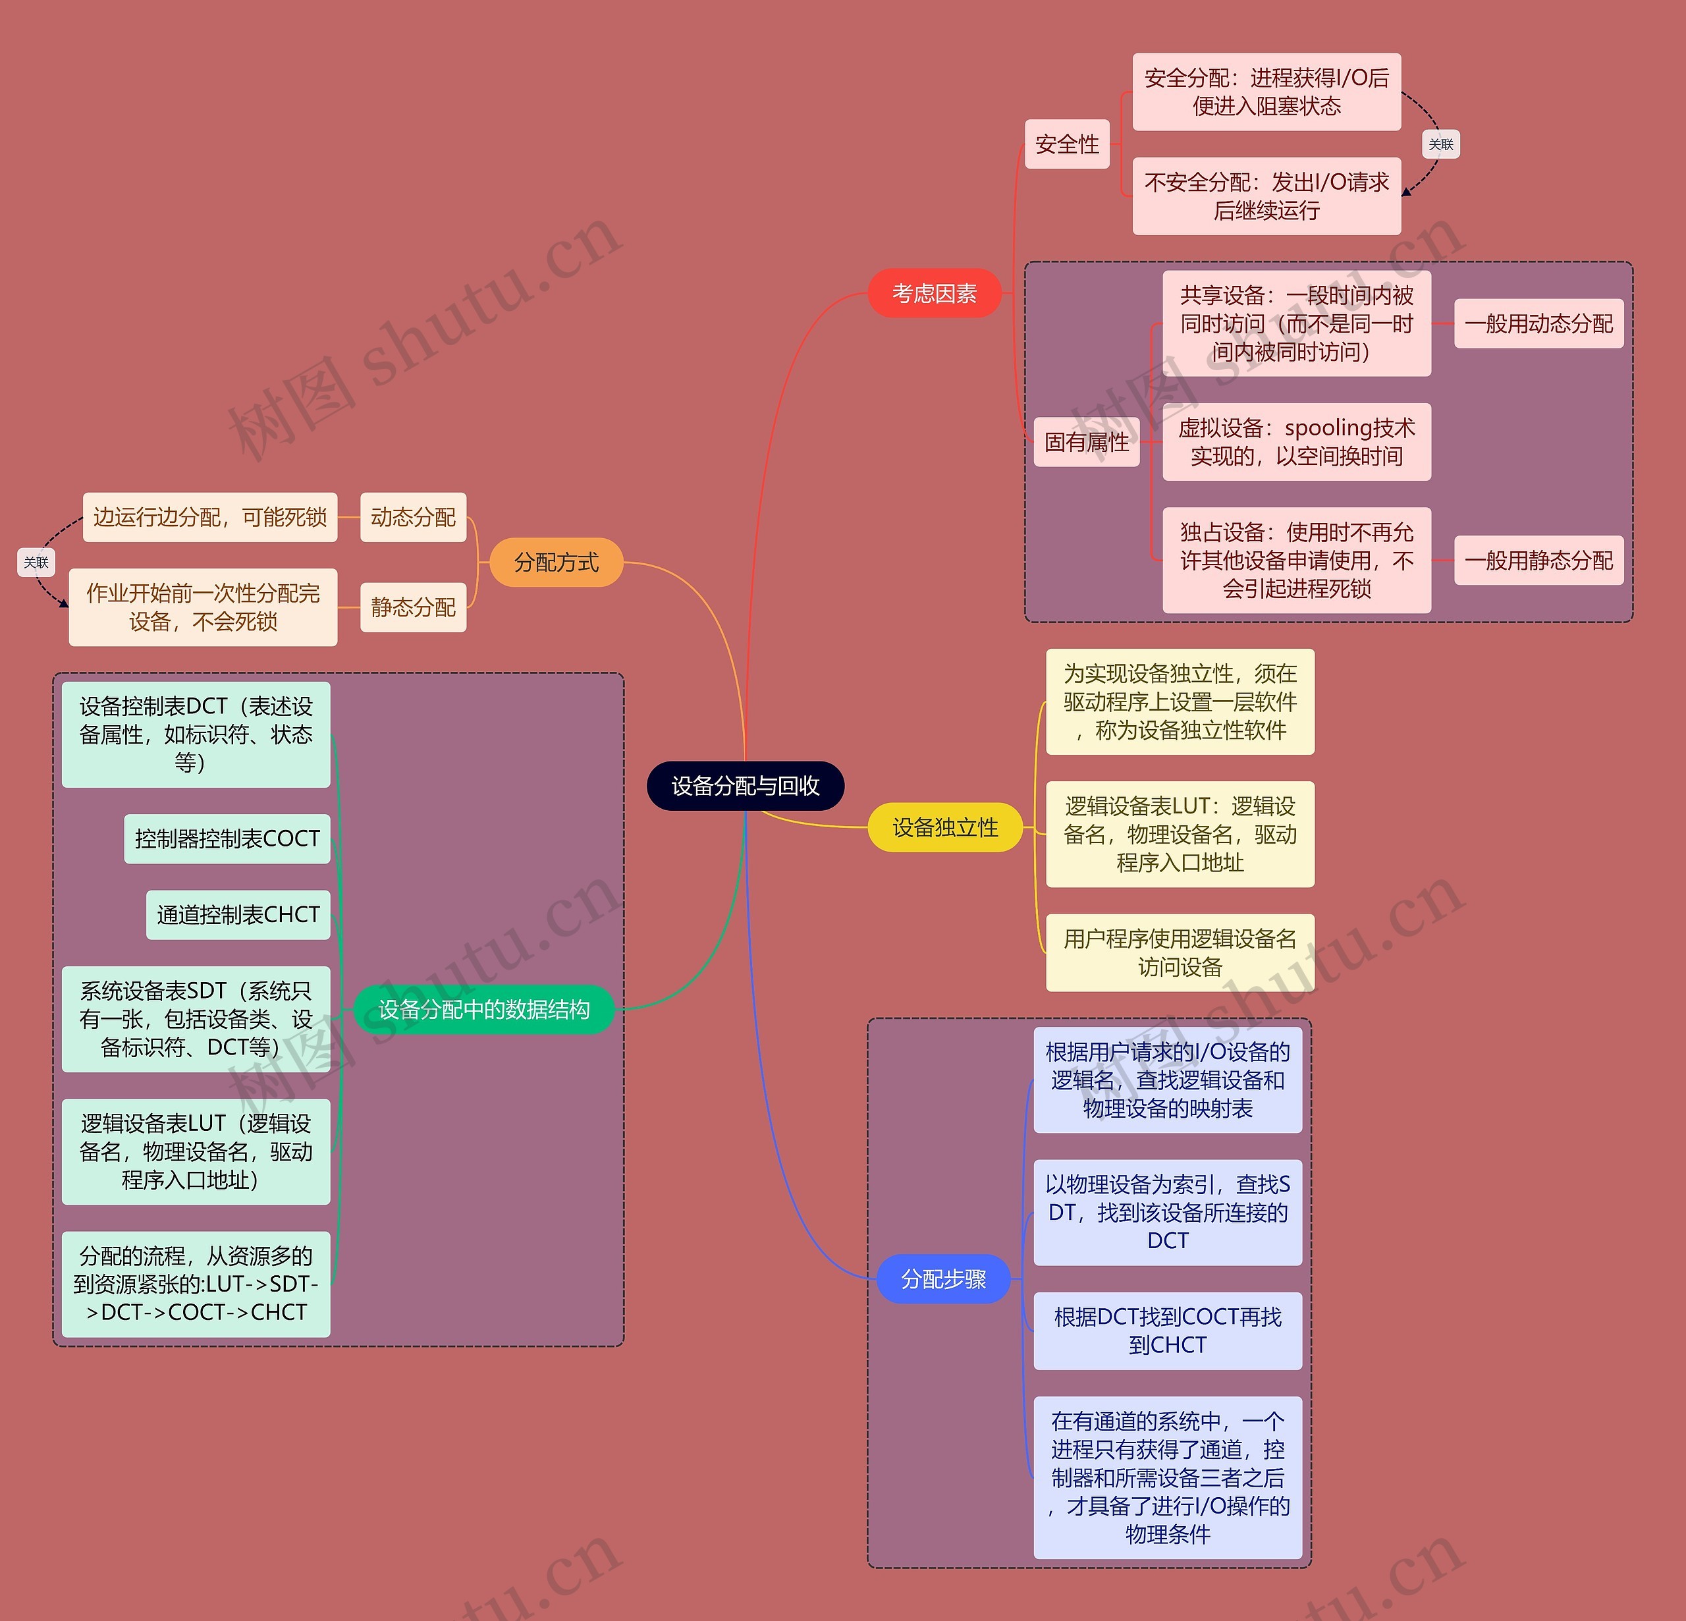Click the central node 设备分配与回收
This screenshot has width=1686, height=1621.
[745, 786]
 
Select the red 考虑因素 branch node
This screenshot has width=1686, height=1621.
[934, 293]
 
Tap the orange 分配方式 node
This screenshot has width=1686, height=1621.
[556, 563]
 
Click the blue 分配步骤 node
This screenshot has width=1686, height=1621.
[943, 1279]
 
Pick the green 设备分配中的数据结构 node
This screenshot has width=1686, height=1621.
[483, 1009]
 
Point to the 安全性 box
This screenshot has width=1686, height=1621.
[1067, 144]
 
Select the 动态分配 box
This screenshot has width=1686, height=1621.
[413, 517]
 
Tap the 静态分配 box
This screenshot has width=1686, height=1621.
[413, 607]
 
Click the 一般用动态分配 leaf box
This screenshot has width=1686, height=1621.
[1538, 323]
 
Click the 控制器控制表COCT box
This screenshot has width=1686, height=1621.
[227, 839]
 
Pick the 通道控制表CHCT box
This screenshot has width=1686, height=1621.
[238, 915]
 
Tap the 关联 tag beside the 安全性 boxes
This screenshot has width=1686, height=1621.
[1441, 144]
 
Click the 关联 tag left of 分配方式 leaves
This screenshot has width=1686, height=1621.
[36, 563]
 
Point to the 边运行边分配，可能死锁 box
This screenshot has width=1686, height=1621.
[210, 517]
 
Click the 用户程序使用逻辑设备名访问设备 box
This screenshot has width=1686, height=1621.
[1180, 952]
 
